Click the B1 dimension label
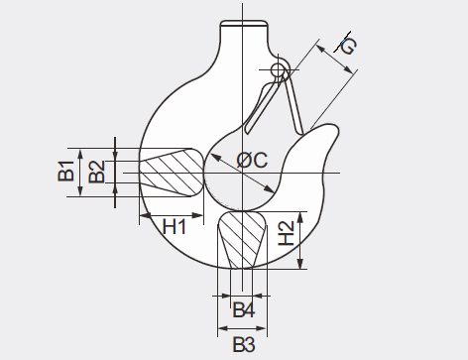pyautogui.click(x=66, y=171)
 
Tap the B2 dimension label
pyautogui.click(x=97, y=172)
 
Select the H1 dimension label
pyautogui.click(x=175, y=227)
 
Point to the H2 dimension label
pyautogui.click(x=287, y=233)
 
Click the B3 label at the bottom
pyautogui.click(x=244, y=344)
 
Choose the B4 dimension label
pyautogui.click(x=244, y=310)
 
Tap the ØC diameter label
pyautogui.click(x=252, y=161)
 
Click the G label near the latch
pyautogui.click(x=348, y=46)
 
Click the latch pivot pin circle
pyautogui.click(x=278, y=69)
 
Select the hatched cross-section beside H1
pyautogui.click(x=172, y=173)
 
